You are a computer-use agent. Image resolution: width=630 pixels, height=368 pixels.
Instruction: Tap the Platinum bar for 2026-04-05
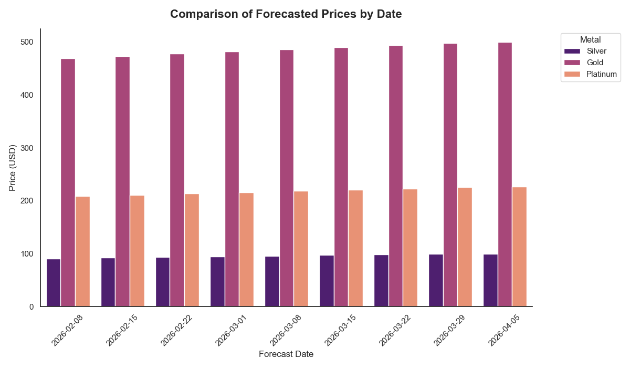(519, 247)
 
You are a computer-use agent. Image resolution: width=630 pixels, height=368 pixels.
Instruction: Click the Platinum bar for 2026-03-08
(301, 249)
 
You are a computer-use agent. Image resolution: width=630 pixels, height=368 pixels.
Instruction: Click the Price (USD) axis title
(13, 168)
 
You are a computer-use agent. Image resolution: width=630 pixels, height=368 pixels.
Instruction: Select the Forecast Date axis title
(286, 354)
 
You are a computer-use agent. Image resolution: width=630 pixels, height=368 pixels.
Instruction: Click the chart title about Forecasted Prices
(286, 14)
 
